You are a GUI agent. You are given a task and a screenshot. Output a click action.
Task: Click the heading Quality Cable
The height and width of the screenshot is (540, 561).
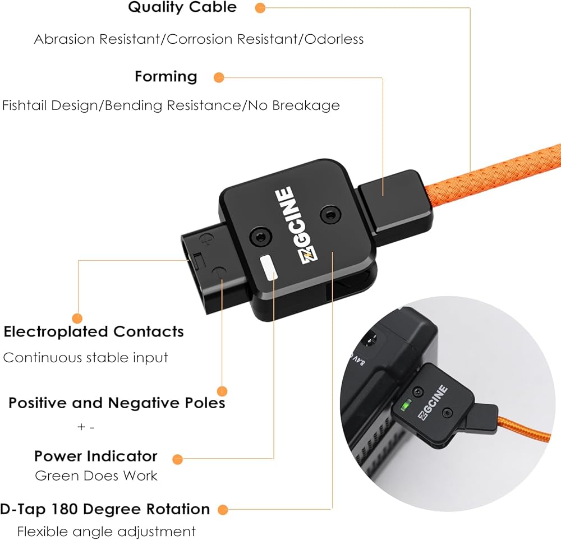coord(182,7)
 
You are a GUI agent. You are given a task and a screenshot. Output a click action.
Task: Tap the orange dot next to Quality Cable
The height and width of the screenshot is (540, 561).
coord(260,8)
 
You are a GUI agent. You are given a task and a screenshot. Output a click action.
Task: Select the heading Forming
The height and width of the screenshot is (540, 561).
coord(166,77)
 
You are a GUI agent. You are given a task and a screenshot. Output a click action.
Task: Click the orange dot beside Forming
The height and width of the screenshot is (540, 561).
coord(219,77)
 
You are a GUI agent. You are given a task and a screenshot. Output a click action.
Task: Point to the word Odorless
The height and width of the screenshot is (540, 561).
coord(334,39)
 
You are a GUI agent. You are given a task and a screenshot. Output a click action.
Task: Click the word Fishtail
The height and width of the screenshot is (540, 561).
coord(25,105)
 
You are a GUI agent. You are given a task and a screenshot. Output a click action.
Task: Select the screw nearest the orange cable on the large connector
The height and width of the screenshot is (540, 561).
coord(330,215)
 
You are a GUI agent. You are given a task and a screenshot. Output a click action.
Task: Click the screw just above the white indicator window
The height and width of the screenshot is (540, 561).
coord(261,237)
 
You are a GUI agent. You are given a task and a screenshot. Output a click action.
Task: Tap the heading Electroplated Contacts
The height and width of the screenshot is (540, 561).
coord(94,332)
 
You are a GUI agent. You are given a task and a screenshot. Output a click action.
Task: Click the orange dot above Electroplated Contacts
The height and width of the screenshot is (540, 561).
coord(77,319)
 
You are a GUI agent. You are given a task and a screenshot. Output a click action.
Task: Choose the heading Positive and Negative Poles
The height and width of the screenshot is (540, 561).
coord(117,403)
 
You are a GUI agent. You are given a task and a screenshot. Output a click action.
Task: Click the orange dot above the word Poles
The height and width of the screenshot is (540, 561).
coord(222,391)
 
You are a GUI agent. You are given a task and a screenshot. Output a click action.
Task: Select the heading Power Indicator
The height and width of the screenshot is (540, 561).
coord(95,456)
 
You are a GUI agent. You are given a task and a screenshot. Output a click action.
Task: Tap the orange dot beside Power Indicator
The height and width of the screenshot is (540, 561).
coord(177,459)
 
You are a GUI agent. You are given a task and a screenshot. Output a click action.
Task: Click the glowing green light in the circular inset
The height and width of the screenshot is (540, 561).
coord(406,405)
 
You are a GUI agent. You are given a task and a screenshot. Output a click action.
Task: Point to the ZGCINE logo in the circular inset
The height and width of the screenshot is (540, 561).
coord(433,403)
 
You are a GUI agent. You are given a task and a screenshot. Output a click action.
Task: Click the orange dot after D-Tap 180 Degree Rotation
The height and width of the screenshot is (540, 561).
coord(223,510)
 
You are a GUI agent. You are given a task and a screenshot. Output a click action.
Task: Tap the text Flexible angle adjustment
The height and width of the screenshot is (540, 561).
coord(106,532)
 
